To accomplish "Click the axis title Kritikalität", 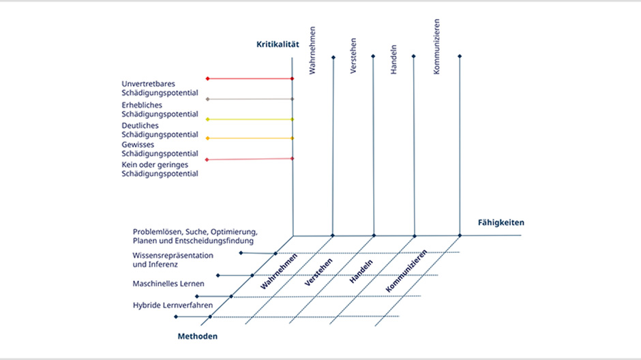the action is coord(278,44).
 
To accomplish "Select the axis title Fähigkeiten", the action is coord(501,223).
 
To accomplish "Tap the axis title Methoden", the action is coord(198,336).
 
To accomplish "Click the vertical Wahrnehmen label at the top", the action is coord(312,50).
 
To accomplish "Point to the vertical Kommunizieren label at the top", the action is coord(436,46).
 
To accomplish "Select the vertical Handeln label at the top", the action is coord(393,59).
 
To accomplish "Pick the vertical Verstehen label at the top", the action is coord(353,56).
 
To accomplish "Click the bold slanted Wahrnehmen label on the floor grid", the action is coord(279,271).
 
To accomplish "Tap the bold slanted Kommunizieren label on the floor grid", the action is coord(406,271).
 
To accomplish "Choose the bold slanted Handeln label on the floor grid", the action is coord(361,271).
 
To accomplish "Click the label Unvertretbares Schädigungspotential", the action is coord(160,88).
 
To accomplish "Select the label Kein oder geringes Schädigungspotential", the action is coord(160,169).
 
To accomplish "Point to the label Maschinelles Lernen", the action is coord(168,284).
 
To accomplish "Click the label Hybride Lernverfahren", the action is coord(173,305).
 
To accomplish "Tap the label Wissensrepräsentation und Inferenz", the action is coord(173,260).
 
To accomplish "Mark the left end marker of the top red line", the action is coord(208,78).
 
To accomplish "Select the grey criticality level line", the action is coord(250,99).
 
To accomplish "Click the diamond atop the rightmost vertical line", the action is coord(460,57).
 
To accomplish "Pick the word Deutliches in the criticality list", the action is coord(140,125).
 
